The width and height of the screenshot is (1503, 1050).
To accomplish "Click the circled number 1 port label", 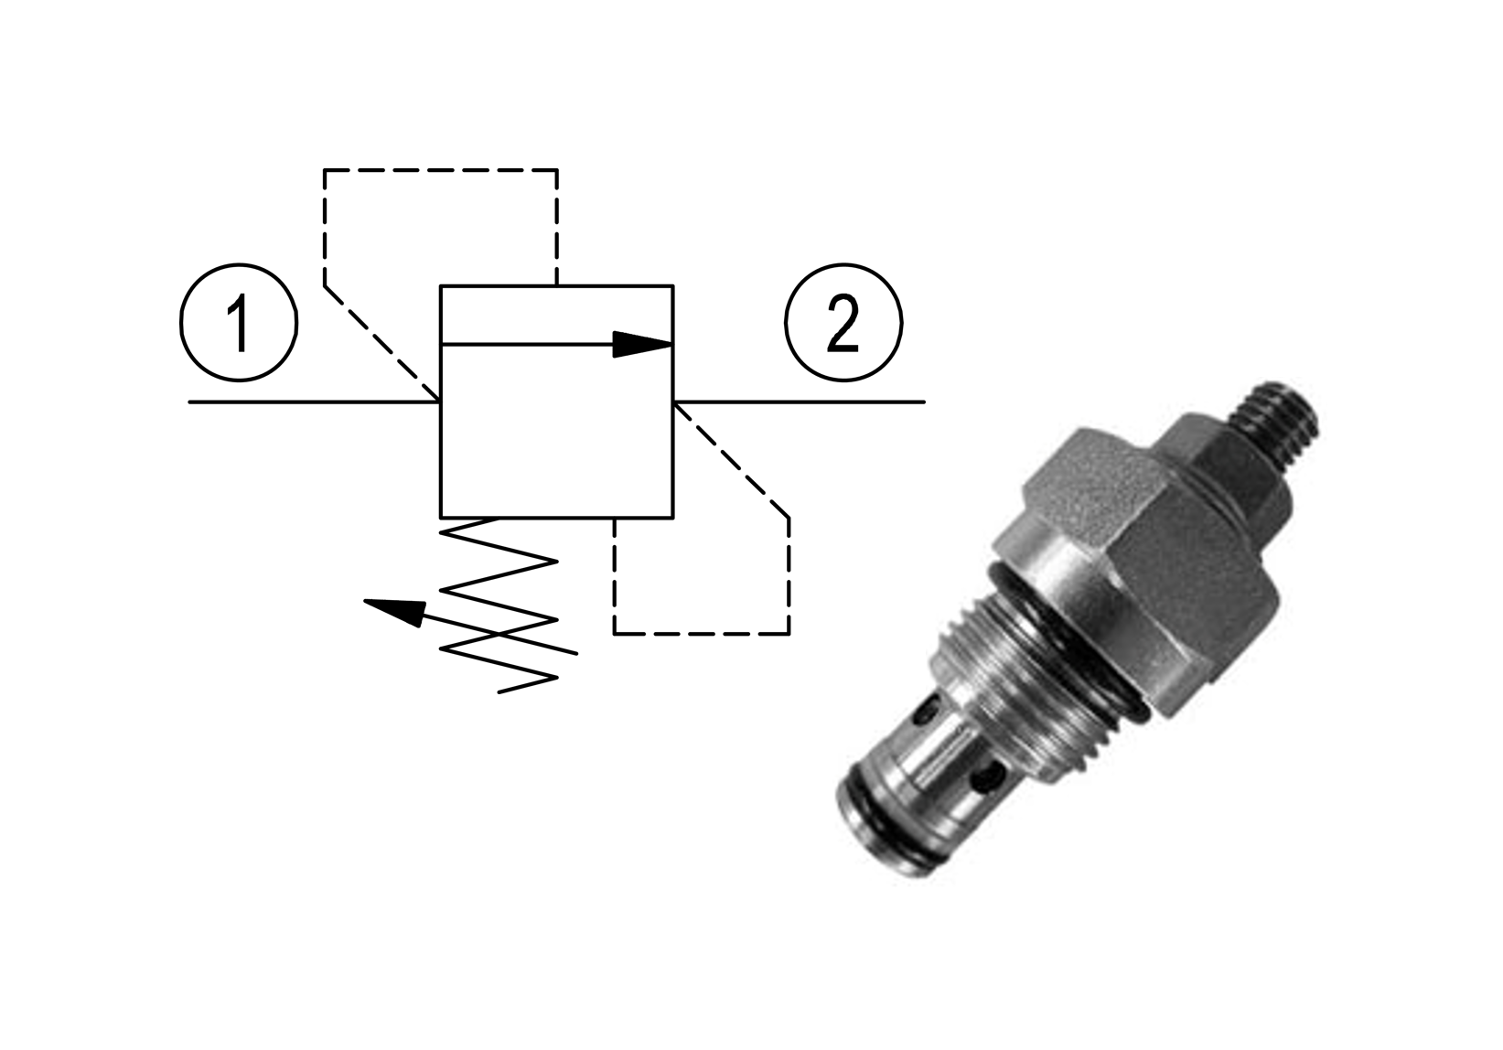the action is [x=238, y=323].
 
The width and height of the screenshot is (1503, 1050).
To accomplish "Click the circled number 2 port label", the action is [x=843, y=323].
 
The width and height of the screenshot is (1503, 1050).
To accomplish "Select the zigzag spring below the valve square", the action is [x=499, y=605].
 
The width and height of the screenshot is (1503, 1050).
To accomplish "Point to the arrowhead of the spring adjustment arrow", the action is [x=394, y=612].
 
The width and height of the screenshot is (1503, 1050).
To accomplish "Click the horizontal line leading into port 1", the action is [x=314, y=402].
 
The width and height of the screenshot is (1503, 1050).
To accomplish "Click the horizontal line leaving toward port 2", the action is [x=800, y=402].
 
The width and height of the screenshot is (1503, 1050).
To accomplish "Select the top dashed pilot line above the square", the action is [x=441, y=170].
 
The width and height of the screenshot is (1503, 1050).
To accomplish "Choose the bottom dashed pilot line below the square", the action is [x=702, y=633].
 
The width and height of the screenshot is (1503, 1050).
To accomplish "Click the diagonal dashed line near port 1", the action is [x=381, y=344].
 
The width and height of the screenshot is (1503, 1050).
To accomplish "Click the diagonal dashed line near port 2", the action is [x=731, y=460].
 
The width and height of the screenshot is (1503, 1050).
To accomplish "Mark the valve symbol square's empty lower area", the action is [x=557, y=432].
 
